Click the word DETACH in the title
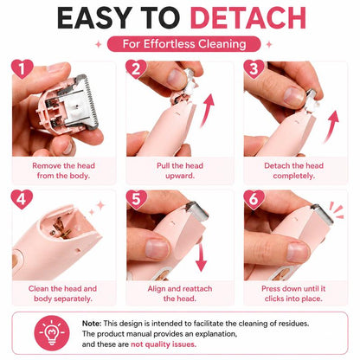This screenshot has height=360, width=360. (x=247, y=18)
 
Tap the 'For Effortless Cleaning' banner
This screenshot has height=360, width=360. (x=184, y=44)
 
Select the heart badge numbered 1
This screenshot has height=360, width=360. (x=22, y=69)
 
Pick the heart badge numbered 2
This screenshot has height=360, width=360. (x=137, y=69)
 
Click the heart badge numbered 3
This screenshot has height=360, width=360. (x=254, y=69)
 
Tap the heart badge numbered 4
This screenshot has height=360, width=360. (x=22, y=199)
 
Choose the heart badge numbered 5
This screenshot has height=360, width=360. (x=137, y=199)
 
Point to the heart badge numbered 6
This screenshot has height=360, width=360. (x=254, y=199)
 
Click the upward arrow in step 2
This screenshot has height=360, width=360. (x=208, y=111)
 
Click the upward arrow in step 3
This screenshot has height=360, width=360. (x=331, y=127)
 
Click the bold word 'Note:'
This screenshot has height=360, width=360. (x=92, y=324)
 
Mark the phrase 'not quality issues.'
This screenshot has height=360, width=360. (x=164, y=344)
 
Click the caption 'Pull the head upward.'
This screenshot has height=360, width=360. (x=180, y=170)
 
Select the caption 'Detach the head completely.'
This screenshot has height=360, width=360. (x=293, y=170)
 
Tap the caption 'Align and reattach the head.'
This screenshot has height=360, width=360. (x=180, y=293)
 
